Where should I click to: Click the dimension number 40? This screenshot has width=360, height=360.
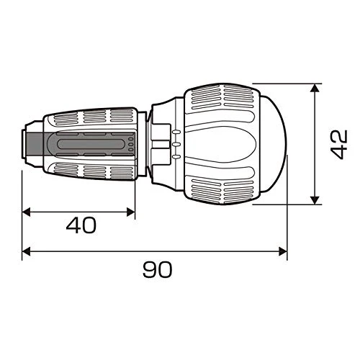pos(81,225)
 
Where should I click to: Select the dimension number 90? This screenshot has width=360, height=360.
pos(158,269)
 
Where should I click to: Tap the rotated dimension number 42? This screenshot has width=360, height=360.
pos(339,144)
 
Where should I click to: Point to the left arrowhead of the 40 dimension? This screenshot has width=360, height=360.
pos(26,212)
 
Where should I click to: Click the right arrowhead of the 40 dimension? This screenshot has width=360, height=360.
pos(131,212)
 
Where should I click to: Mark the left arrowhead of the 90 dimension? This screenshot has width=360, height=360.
pos(26,252)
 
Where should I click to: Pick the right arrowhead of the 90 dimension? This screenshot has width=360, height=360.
pos(283,252)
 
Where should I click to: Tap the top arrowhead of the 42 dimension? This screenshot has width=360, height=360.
pos(315,88)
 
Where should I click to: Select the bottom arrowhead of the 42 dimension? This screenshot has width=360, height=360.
pos(315,200)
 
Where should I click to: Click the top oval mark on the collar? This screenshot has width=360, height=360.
pos(176,132)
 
